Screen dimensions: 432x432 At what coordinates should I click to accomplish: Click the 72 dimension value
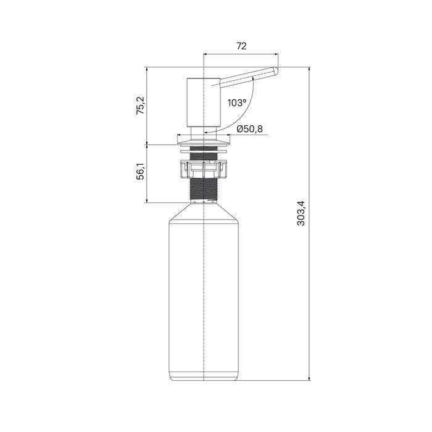click(241, 46)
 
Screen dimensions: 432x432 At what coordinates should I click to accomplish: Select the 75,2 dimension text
click(141, 106)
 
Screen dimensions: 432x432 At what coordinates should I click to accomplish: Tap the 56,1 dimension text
click(141, 172)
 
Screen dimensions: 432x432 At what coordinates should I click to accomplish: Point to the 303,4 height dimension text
click(301, 214)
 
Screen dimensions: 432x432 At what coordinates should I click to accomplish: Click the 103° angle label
click(236, 103)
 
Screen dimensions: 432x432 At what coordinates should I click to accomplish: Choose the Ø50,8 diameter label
click(249, 128)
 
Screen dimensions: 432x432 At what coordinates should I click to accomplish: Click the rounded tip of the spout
click(275, 72)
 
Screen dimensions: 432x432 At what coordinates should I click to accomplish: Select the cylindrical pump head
click(203, 102)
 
